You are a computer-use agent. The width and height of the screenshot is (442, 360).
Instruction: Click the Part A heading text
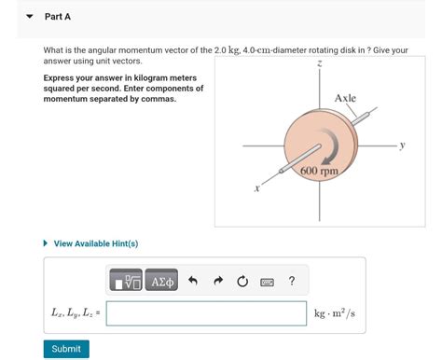pos(58,17)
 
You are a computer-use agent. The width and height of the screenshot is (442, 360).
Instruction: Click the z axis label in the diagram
pos(319,63)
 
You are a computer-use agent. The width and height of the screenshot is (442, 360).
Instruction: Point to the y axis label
pos(403,145)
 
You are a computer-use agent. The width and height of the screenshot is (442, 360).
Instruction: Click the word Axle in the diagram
pos(345,98)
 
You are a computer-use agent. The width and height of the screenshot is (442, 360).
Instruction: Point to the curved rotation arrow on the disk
pos(328,147)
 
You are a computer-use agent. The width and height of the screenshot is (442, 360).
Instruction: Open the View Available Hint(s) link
pos(96,243)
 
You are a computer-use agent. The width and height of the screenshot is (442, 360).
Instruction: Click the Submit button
pos(66,349)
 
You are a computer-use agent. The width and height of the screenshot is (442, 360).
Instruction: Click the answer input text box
pos(206,313)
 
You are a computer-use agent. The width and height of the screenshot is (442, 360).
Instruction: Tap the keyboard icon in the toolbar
pos(267,280)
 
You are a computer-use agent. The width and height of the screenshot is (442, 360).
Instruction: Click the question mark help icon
pos(292,280)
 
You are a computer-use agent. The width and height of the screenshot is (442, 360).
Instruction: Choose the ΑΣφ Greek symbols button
pos(161,280)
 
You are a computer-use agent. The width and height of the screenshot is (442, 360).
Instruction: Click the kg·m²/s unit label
pos(339,313)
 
